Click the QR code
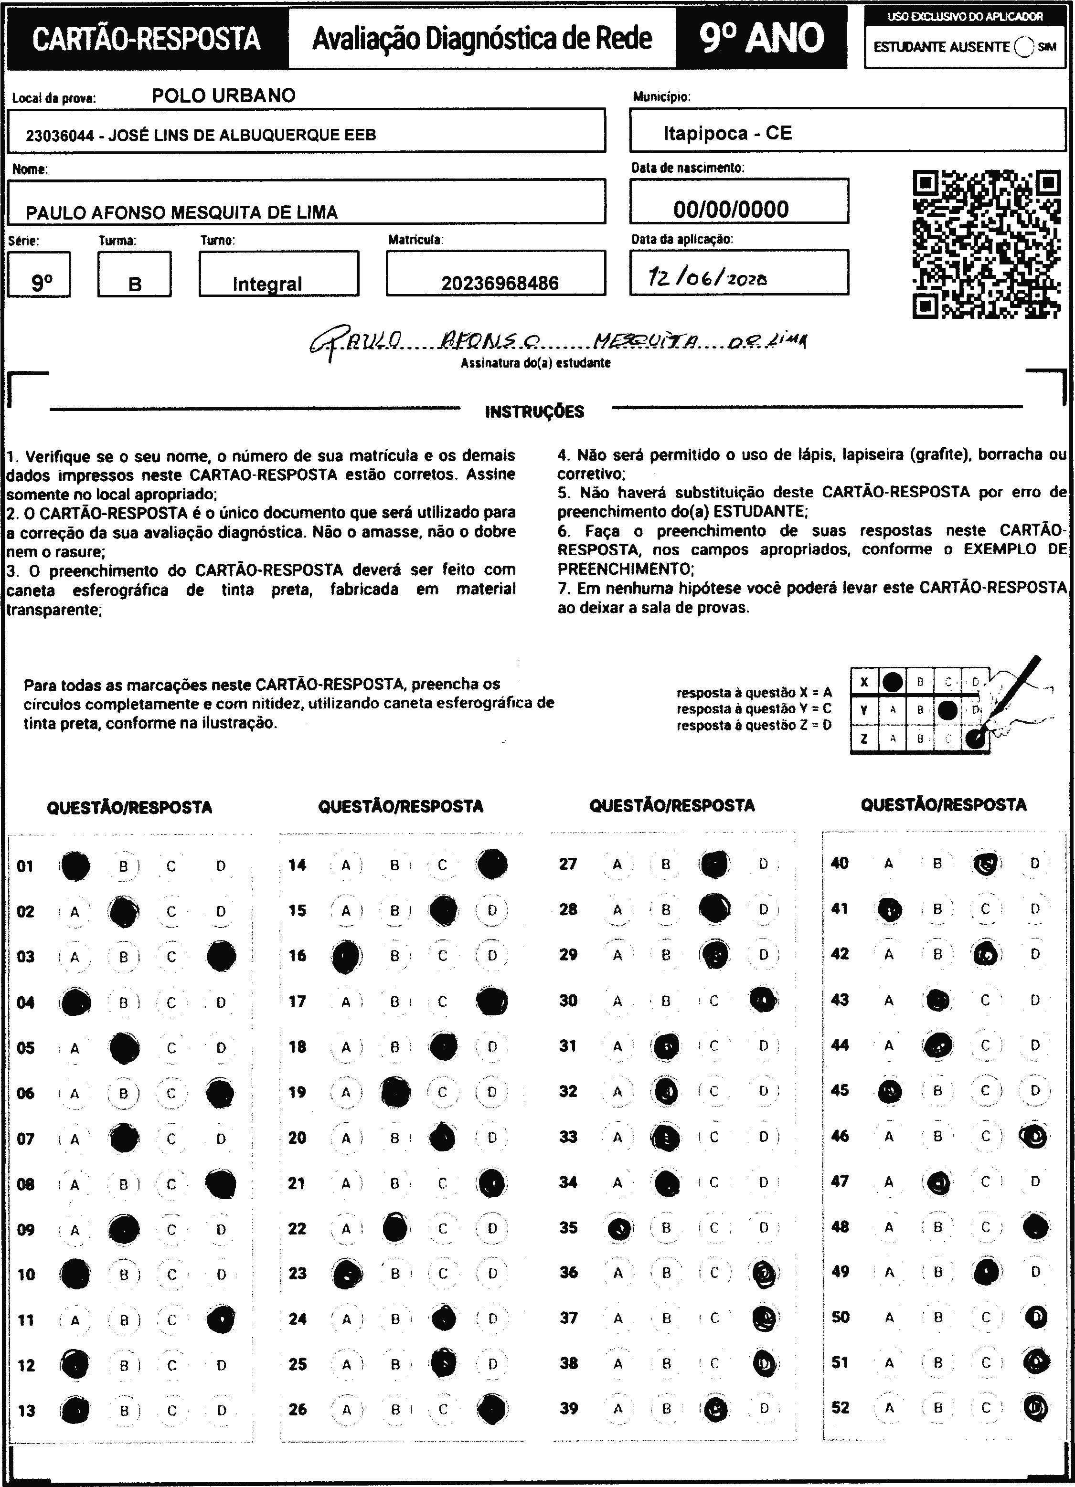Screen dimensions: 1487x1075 point(987,244)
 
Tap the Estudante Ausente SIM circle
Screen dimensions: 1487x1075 point(1023,47)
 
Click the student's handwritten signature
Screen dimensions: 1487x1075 point(557,341)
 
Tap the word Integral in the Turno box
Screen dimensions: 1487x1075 point(267,284)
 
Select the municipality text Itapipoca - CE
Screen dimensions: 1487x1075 point(727,134)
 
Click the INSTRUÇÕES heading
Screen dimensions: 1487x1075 point(534,412)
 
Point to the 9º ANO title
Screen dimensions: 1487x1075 point(761,38)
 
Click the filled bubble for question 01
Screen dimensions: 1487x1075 point(75,866)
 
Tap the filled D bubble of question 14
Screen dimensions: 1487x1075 point(492,864)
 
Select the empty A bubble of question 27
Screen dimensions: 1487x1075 point(617,864)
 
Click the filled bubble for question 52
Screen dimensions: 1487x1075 point(1035,1407)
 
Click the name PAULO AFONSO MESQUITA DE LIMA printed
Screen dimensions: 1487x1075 point(181,212)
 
